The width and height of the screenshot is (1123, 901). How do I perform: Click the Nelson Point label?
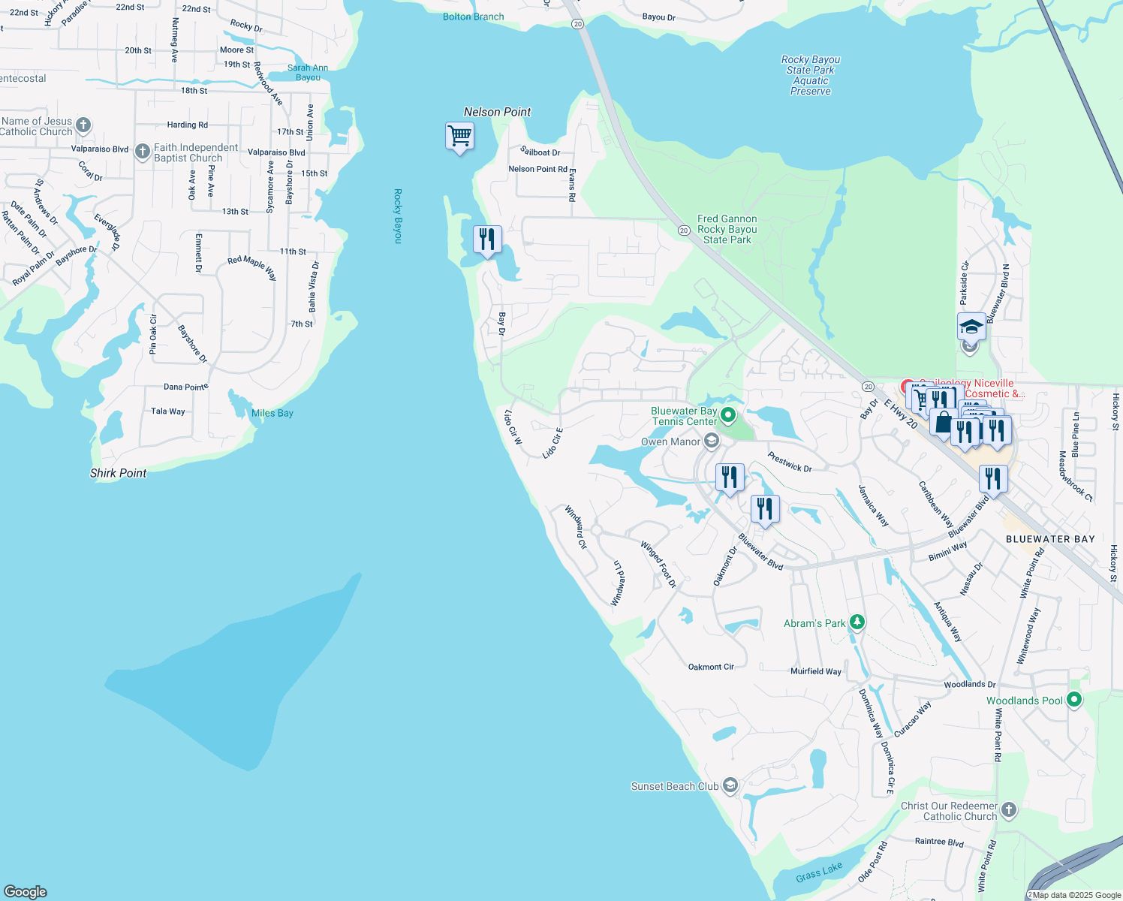[497, 112]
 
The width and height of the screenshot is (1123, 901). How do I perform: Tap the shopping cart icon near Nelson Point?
[459, 137]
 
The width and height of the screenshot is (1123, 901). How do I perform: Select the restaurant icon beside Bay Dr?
[487, 240]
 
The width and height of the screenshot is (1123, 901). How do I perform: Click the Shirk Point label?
[118, 473]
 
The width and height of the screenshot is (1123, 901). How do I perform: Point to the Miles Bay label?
[272, 413]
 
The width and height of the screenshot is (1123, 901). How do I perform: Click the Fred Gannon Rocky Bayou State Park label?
[727, 229]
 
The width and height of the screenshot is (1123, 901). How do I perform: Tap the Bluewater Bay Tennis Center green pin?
[727, 414]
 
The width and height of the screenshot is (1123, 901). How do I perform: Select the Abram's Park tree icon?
[857, 622]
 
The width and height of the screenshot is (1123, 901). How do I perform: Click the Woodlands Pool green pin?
[1074, 700]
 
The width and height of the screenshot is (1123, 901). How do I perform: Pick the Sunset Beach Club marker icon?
[730, 786]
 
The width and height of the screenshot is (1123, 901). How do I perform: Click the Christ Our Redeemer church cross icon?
[1009, 809]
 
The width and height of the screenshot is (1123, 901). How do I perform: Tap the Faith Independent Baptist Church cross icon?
[142, 152]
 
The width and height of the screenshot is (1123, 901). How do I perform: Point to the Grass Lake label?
[819, 872]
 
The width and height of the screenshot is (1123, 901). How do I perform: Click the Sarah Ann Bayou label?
[308, 72]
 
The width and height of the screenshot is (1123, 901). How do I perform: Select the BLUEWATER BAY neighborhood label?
[1049, 539]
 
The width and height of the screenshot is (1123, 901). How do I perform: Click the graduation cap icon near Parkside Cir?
[971, 327]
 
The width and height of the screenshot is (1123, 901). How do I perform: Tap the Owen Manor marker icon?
[712, 441]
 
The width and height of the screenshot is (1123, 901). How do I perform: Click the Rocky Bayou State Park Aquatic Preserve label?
[811, 75]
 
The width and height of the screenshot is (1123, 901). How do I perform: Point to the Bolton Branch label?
[473, 17]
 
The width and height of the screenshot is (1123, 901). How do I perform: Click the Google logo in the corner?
[26, 891]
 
